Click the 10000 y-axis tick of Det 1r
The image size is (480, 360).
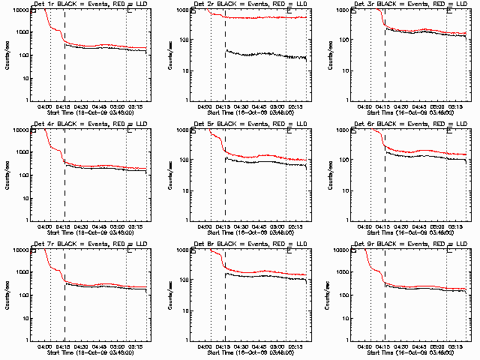(x=22, y=10)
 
